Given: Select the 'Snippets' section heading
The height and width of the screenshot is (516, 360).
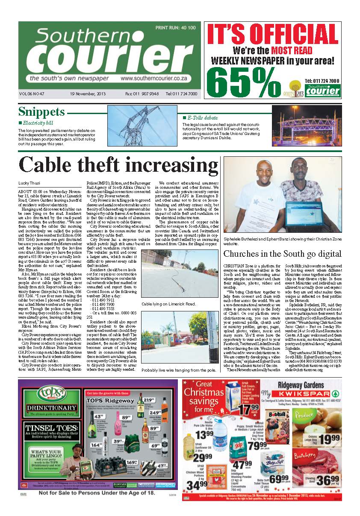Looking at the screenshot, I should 41,112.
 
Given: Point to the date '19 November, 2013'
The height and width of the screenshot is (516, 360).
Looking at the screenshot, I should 87,94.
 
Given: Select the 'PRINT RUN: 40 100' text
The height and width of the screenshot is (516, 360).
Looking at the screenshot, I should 176,28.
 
